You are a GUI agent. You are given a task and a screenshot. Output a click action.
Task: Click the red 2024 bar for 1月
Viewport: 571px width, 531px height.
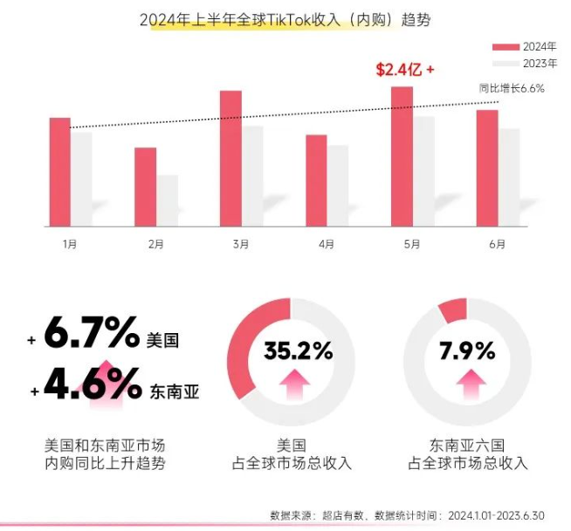[60, 172]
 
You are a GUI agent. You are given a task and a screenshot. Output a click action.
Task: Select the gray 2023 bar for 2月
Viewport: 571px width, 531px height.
[167, 201]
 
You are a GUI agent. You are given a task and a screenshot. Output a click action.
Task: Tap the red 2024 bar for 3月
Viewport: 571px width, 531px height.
[230, 159]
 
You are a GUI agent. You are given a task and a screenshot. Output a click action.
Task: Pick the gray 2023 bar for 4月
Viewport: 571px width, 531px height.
[338, 186]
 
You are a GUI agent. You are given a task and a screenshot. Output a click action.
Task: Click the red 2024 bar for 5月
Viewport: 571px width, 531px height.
[402, 157]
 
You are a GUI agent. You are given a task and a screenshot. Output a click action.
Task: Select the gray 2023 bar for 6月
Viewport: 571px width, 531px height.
[509, 178]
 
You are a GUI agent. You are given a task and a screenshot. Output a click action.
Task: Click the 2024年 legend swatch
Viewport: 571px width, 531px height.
[506, 47]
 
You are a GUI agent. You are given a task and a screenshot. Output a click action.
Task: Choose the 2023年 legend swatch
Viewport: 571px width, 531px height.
[506, 64]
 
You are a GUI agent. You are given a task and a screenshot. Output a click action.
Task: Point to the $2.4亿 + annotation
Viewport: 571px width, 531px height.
[405, 70]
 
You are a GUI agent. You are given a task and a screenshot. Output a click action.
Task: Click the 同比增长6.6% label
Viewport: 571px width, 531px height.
[512, 88]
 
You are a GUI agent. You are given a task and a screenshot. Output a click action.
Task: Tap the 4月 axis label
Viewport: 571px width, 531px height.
[327, 243]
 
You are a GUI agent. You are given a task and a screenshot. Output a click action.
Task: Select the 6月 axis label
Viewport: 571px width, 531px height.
[498, 243]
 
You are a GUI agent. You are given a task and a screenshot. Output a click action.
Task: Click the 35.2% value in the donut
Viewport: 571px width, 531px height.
[299, 351]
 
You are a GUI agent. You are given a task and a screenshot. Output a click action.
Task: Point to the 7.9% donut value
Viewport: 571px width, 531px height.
[467, 351]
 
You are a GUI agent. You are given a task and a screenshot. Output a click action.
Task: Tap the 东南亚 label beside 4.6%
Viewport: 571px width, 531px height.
[175, 391]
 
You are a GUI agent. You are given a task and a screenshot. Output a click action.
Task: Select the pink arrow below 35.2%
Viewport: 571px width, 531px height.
[294, 385]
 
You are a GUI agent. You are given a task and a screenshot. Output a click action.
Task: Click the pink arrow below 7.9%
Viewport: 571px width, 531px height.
[471, 385]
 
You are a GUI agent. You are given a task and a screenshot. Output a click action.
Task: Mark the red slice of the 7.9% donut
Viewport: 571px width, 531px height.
[453, 310]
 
